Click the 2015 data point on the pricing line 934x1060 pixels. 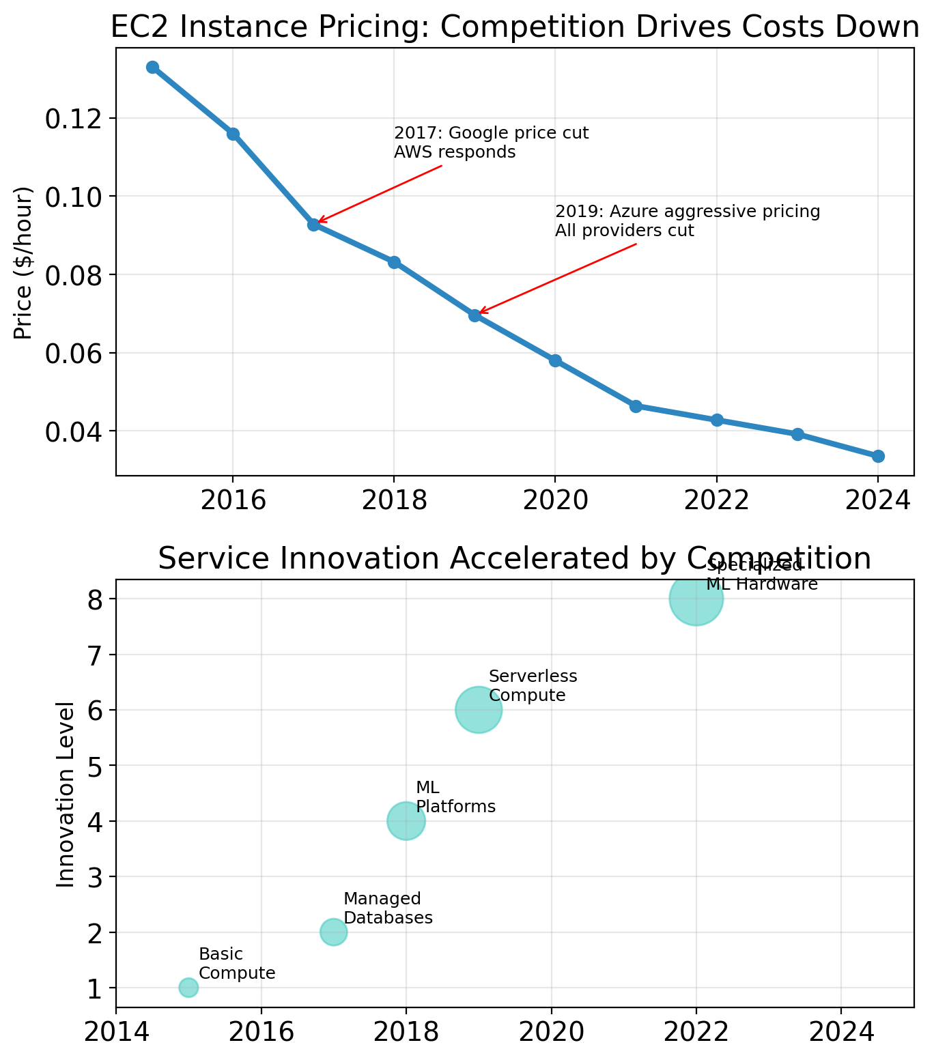(x=152, y=67)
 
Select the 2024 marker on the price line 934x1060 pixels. (x=878, y=456)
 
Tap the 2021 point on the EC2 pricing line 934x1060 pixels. (x=636, y=406)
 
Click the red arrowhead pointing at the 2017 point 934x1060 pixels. (x=319, y=222)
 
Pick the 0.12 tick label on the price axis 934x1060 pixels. (x=72, y=119)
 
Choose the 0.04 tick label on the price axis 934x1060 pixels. (x=72, y=431)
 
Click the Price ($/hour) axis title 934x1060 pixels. (x=23, y=262)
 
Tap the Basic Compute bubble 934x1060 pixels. (x=188, y=988)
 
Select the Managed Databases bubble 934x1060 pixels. (x=333, y=932)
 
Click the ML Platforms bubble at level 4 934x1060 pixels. (x=406, y=820)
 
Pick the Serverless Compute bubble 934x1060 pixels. (x=479, y=710)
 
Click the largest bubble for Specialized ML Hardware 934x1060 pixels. (x=696, y=599)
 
